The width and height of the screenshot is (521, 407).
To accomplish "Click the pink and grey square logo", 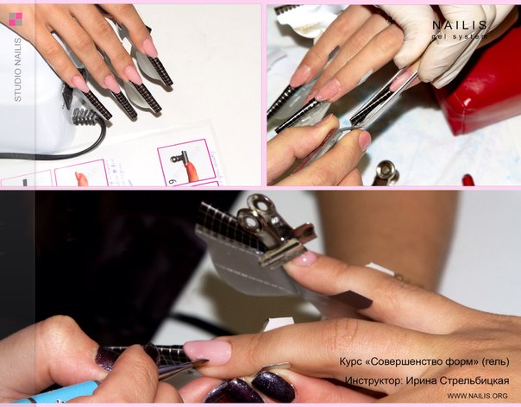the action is pyautogui.click(x=16, y=19).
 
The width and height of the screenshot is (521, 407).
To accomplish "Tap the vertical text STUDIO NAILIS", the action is pyautogui.click(x=17, y=70).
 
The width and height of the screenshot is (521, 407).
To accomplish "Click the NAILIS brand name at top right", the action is pyautogui.click(x=460, y=25).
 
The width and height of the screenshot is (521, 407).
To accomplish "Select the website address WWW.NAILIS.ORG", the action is pyautogui.click(x=477, y=396).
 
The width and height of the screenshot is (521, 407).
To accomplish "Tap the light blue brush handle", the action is pyautogui.click(x=55, y=393).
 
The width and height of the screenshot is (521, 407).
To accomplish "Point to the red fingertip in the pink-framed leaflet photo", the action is pyautogui.click(x=191, y=171).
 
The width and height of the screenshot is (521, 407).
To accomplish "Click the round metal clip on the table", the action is pyautogui.click(x=386, y=172).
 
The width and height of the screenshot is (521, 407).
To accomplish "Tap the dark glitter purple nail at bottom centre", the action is pyautogui.click(x=273, y=386).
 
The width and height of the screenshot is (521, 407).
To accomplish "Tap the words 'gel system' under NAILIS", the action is pyautogui.click(x=460, y=36).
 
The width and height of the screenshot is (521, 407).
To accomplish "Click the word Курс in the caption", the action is pyautogui.click(x=350, y=361).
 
